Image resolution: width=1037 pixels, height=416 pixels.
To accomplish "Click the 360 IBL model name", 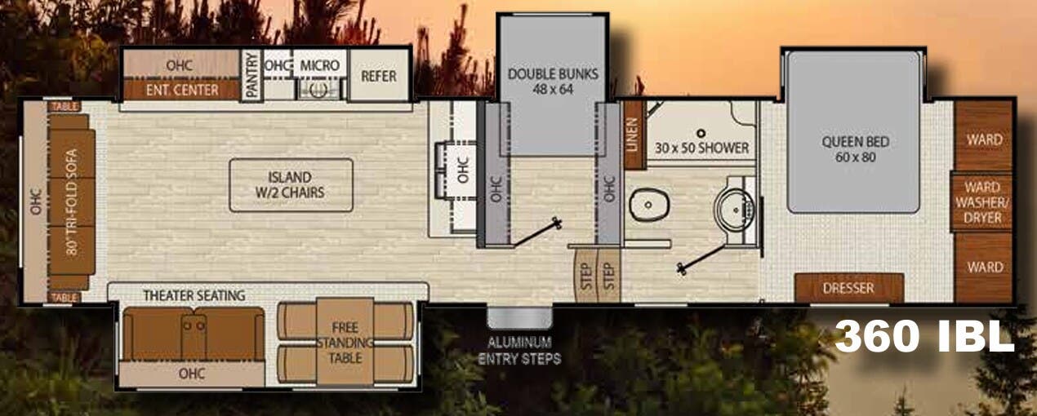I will point(924,335).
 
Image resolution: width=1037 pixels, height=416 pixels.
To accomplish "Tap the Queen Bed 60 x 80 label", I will point(855,149).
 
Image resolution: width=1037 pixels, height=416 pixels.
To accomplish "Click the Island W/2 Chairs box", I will point(290,185).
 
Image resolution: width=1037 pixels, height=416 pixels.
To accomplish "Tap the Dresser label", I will point(849,288).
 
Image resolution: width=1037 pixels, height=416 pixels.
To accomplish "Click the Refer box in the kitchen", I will point(379,76).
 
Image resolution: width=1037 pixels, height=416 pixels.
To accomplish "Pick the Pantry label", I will point(252,76).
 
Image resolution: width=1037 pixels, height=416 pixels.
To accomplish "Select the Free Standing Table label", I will point(345,342).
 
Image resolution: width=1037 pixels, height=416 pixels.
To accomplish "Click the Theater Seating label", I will point(194,294).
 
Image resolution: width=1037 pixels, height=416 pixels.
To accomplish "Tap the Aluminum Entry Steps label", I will point(519,349).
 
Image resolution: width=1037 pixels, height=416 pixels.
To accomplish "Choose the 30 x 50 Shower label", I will point(701,148).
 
